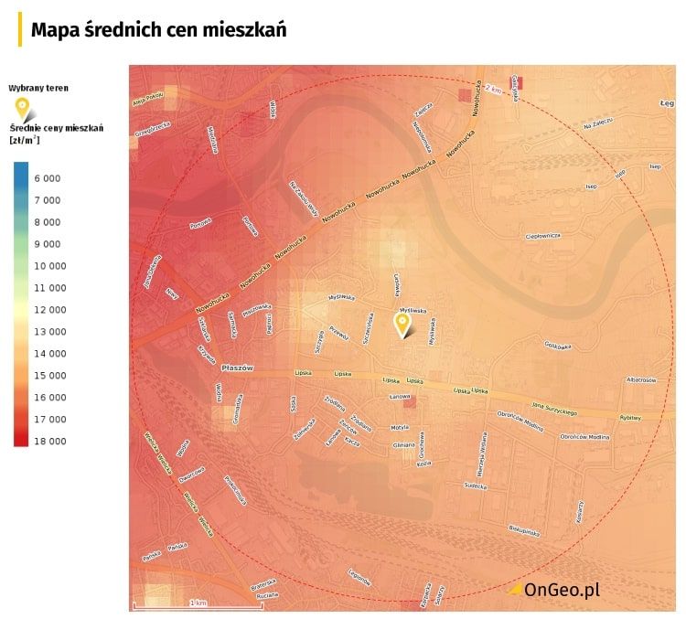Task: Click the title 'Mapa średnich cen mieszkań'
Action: [158, 30]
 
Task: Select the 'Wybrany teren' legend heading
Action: [38, 88]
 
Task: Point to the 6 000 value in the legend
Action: [48, 178]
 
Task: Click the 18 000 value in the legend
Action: [49, 442]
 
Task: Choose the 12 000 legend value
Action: [49, 310]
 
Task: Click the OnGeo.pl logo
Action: [554, 590]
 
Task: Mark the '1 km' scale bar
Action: [198, 603]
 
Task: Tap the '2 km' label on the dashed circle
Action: [494, 89]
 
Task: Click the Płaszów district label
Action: [236, 368]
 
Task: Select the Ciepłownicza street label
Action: [542, 235]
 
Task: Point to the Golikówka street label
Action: [557, 346]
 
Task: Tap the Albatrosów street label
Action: [641, 379]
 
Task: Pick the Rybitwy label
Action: [630, 416]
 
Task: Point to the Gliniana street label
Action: [403, 445]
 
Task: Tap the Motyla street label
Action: [399, 427]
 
